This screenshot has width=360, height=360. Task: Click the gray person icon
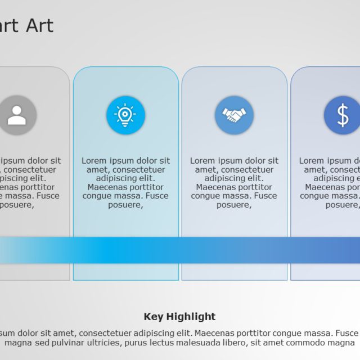17,115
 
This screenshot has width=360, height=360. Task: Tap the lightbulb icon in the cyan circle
125,115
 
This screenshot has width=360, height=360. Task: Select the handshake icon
234,115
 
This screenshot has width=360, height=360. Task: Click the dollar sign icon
343,115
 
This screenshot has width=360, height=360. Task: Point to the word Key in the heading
154,317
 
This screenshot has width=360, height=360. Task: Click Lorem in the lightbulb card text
94,161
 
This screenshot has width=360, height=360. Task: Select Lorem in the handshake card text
202,161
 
